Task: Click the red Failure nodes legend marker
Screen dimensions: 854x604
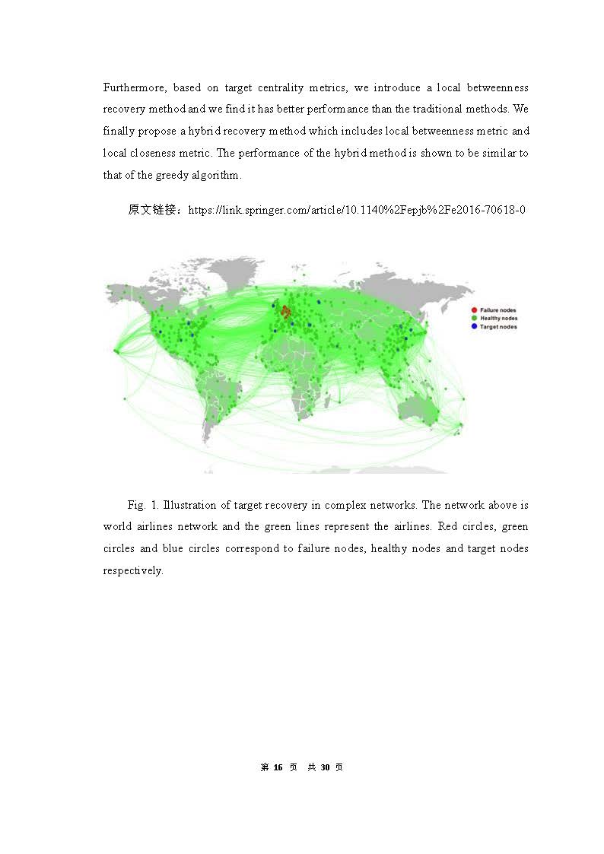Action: (474, 310)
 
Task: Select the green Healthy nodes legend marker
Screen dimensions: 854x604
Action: (474, 318)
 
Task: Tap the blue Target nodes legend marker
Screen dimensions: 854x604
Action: (474, 326)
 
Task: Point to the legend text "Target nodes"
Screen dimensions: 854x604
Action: (498, 326)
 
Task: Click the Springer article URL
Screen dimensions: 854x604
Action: (357, 209)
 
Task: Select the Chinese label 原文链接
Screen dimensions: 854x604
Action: (154, 209)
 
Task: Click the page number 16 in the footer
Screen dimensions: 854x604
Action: (278, 767)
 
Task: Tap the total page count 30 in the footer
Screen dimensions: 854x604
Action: (325, 767)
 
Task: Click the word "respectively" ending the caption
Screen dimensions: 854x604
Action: (132, 570)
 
